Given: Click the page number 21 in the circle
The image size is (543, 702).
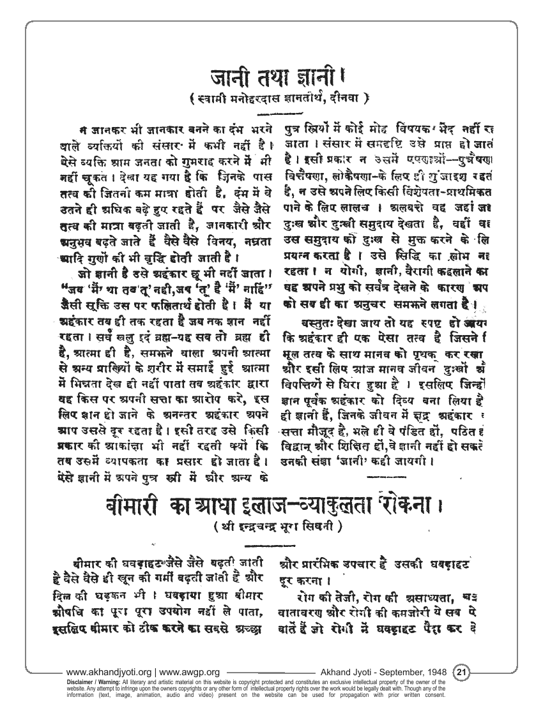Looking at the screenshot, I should click(461, 671).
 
